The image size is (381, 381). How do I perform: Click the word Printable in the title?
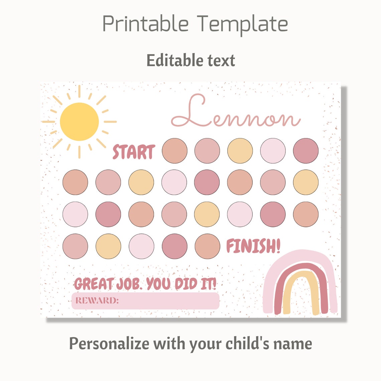(145, 24)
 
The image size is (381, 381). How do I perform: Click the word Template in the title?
(242, 24)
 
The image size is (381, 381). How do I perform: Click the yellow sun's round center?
(79, 122)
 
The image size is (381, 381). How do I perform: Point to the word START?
(134, 152)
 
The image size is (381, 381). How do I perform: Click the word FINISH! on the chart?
(253, 247)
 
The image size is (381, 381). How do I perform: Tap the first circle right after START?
(174, 151)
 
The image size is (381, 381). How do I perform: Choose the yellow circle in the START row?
(240, 151)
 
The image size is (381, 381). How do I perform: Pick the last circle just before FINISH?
(207, 246)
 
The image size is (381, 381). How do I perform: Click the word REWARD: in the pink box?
(97, 300)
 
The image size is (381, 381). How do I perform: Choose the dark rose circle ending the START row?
(306, 151)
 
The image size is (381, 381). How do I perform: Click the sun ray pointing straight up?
(79, 91)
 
